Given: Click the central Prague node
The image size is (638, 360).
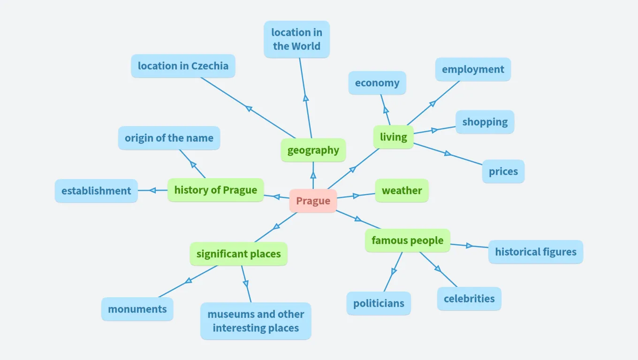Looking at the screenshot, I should pyautogui.click(x=313, y=201).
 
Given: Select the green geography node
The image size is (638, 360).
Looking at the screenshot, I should pyautogui.click(x=313, y=150).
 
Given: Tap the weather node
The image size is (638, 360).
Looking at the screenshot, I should pyautogui.click(x=402, y=191).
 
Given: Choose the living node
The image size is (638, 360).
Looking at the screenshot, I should pyautogui.click(x=393, y=137).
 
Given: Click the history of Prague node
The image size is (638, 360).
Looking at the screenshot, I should pyautogui.click(x=215, y=190).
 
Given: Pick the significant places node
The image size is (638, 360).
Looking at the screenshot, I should pyautogui.click(x=238, y=254).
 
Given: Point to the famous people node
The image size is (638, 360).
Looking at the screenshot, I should pyautogui.click(x=407, y=240).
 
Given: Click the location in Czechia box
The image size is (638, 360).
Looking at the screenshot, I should pyautogui.click(x=183, y=66).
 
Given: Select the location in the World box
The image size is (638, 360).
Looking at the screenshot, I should pyautogui.click(x=296, y=39).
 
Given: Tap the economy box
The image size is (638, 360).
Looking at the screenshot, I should pyautogui.click(x=377, y=83).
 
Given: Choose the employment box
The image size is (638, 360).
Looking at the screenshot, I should pyautogui.click(x=472, y=69).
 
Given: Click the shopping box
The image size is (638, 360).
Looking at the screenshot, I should pyautogui.click(x=485, y=122).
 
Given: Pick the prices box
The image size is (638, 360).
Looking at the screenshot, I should pyautogui.click(x=503, y=172).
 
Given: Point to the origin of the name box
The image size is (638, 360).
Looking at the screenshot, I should pyautogui.click(x=169, y=138).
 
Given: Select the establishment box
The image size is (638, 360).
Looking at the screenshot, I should pyautogui.click(x=96, y=191).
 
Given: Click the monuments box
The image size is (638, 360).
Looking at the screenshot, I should pyautogui.click(x=137, y=309).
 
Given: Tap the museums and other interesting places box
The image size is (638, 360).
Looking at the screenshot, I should pyautogui.click(x=256, y=321).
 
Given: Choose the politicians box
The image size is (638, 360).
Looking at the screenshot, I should pyautogui.click(x=379, y=303).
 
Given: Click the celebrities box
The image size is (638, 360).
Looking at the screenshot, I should pyautogui.click(x=469, y=299).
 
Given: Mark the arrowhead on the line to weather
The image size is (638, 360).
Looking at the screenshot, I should pyautogui.click(x=357, y=195).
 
